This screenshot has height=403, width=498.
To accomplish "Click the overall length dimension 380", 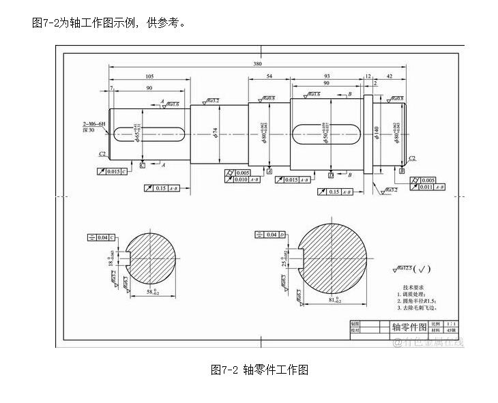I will [x=257, y=63].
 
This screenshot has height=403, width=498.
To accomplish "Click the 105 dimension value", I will [x=149, y=76].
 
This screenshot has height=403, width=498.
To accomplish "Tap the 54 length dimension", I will [x=269, y=76].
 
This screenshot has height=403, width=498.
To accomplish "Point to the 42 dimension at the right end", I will [x=390, y=76].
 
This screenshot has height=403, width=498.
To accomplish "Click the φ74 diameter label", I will [x=215, y=131].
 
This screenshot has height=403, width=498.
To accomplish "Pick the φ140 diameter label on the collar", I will [x=376, y=132].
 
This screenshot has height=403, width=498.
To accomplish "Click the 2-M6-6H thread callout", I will [x=94, y=123].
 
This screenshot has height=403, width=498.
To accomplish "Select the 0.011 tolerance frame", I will [x=427, y=187].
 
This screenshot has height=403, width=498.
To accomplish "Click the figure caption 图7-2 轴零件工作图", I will [x=260, y=370].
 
